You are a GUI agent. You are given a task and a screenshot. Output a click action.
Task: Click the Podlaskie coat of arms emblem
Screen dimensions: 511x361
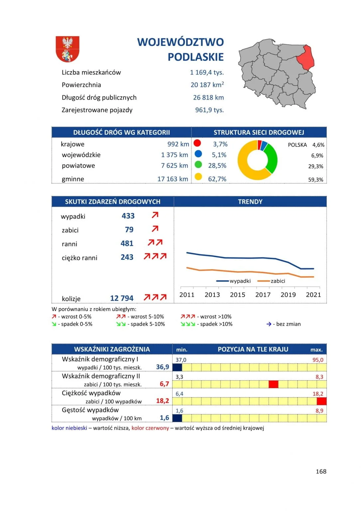point(67,49)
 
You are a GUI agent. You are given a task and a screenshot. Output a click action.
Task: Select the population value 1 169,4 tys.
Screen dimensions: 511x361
point(207,73)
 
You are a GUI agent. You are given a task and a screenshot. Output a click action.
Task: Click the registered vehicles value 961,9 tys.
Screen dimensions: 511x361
point(209,110)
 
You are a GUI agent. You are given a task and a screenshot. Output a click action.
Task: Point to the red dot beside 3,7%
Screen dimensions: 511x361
point(197,143)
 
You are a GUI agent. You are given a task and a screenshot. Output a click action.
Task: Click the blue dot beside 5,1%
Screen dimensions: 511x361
point(198,154)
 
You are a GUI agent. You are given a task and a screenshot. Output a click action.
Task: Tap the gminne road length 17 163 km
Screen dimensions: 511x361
point(173,179)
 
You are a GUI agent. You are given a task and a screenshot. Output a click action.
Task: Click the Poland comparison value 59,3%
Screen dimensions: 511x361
point(315,180)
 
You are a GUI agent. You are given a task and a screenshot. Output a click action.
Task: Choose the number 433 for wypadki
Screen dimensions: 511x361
point(128,216)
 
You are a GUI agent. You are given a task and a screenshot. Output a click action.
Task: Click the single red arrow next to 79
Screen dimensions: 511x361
point(155,229)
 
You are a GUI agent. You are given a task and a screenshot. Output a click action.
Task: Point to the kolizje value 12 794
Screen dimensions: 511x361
point(122,298)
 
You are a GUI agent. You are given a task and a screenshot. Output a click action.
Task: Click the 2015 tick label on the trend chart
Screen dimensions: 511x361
point(237,295)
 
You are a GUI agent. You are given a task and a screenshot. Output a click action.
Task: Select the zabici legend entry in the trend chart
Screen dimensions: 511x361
point(278,281)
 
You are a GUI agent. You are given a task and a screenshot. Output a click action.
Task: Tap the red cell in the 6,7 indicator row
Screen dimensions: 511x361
point(273,384)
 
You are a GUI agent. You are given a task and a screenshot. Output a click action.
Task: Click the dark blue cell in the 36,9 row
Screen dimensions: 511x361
point(177,367)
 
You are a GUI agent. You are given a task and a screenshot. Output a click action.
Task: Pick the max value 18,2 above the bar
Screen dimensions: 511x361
point(318,394)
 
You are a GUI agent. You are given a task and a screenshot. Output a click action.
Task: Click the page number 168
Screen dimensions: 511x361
point(321,471)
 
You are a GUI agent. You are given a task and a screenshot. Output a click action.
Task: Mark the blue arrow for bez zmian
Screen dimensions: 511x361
point(269,324)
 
